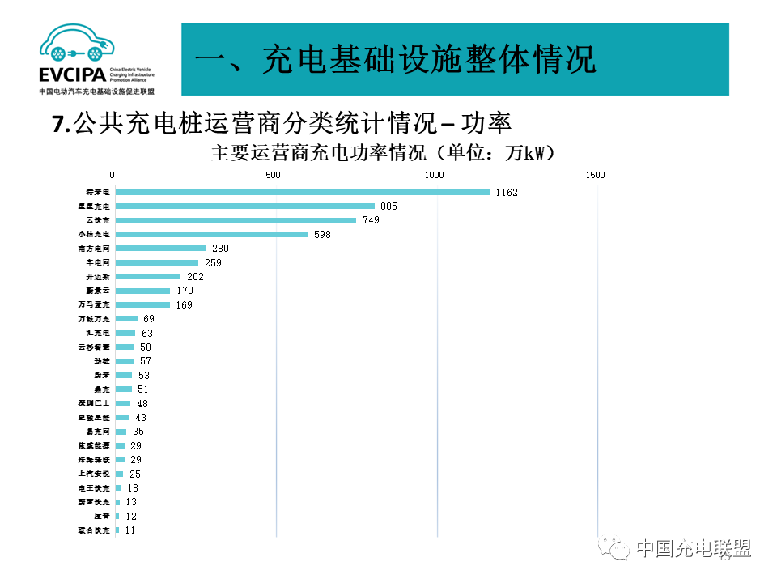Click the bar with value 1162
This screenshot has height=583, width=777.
click(302, 192)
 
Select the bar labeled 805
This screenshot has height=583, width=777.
click(244, 206)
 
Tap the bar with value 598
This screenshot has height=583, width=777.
click(211, 235)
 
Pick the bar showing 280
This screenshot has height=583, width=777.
click(160, 249)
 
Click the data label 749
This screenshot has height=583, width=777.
click(372, 220)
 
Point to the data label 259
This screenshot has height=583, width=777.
click(214, 263)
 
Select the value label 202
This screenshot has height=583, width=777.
click(195, 277)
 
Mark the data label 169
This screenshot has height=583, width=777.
click(185, 305)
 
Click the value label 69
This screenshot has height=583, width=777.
click(149, 319)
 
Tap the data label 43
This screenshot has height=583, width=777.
click(141, 418)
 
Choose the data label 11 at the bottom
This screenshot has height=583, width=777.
click(130, 530)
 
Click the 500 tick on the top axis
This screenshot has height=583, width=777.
click(273, 176)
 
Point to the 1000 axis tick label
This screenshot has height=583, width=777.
click(435, 176)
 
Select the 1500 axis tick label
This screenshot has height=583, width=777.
click(596, 176)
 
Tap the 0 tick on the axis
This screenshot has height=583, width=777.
click(113, 176)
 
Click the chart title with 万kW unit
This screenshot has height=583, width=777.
click(382, 153)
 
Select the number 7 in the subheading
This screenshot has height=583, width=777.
click(57, 124)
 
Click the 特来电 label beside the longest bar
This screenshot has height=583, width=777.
click(98, 193)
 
